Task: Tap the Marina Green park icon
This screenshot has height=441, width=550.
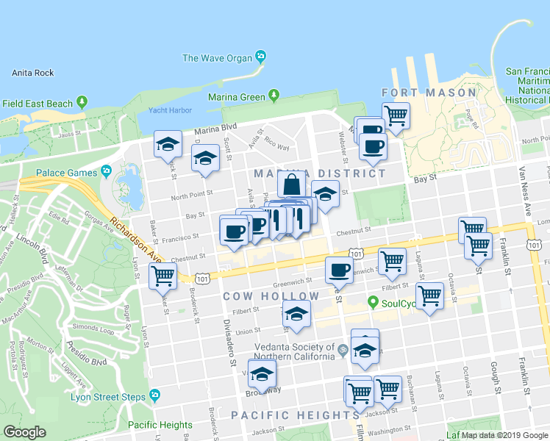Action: click(274, 95)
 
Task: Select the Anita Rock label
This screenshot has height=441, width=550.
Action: click(33, 73)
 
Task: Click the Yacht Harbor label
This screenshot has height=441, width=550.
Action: click(170, 111)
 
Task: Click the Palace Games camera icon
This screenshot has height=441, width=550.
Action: click(107, 172)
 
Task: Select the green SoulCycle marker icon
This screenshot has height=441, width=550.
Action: click(374, 302)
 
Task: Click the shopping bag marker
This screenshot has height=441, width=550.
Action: click(291, 185)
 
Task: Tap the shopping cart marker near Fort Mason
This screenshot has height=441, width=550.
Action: click(396, 115)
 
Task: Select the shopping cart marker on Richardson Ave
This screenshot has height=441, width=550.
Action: click(162, 276)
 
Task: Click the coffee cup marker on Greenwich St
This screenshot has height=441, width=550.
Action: click(338, 270)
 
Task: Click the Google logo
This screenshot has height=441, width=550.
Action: click(24, 432)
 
